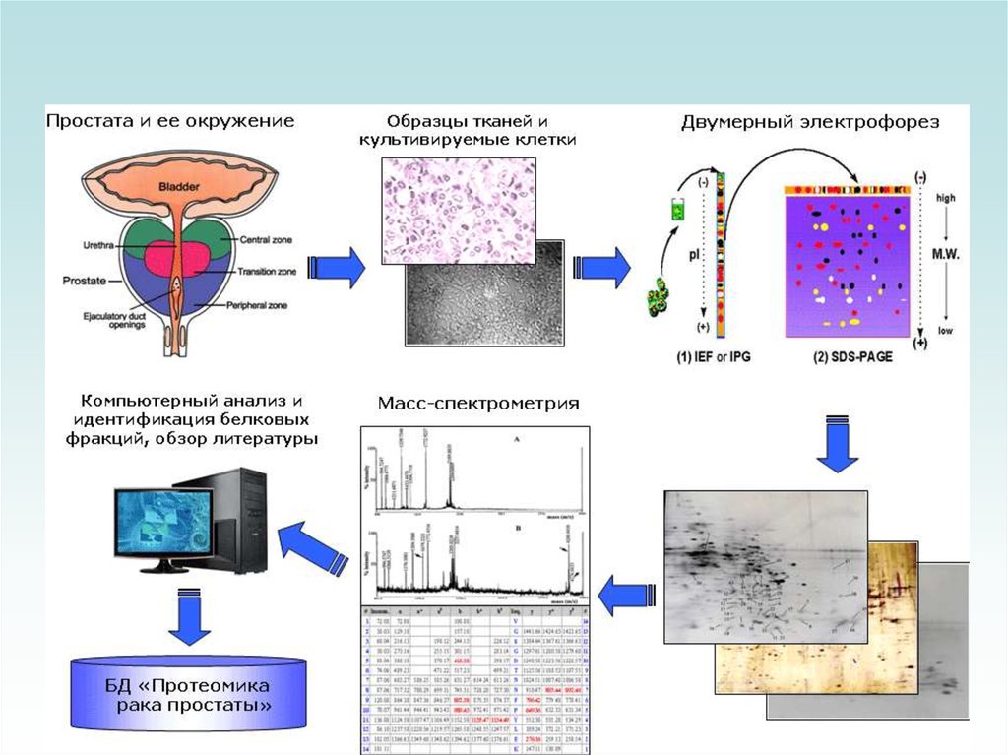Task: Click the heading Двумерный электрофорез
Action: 810,123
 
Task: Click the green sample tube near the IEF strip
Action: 678,209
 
